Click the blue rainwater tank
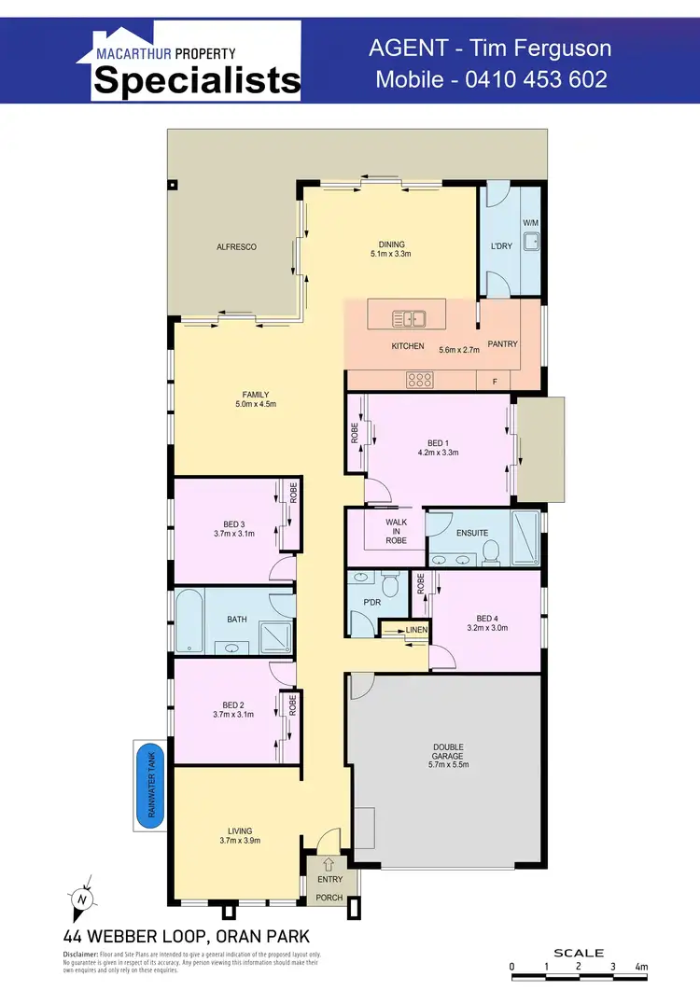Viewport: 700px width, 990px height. click(149, 781)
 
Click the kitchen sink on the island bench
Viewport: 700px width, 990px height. click(410, 318)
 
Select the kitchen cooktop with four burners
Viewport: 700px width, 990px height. click(419, 380)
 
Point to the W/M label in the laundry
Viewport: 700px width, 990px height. click(530, 223)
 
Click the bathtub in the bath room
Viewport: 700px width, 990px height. click(189, 620)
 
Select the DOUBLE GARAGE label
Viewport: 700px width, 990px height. click(448, 751)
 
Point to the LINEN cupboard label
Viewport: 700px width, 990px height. click(415, 631)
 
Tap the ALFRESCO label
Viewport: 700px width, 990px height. click(236, 246)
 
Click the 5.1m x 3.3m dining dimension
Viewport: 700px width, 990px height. click(391, 254)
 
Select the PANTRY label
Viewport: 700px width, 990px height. click(502, 344)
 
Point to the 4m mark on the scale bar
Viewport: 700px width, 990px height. click(640, 966)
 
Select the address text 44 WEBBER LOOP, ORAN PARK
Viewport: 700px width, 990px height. click(186, 936)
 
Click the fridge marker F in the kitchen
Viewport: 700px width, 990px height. click(494, 382)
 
